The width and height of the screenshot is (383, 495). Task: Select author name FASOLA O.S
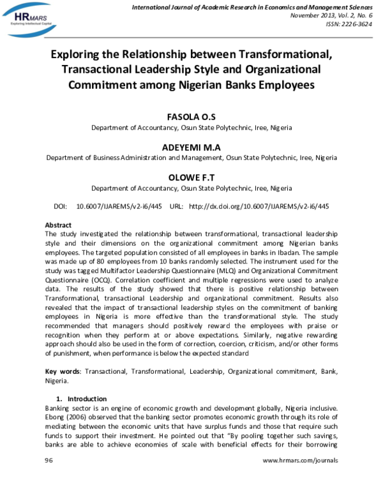pyautogui.click(x=191, y=117)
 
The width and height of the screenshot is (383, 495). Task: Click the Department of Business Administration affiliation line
pyautogui.click(x=191, y=158)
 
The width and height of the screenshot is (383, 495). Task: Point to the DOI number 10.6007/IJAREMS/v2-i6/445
pyautogui.click(x=119, y=207)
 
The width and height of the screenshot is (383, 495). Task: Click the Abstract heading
pyautogui.click(x=58, y=225)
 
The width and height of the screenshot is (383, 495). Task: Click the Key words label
pyautogui.click(x=63, y=371)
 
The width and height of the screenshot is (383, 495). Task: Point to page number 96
pyautogui.click(x=49, y=460)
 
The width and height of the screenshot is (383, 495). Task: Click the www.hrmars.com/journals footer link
pyautogui.click(x=300, y=460)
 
